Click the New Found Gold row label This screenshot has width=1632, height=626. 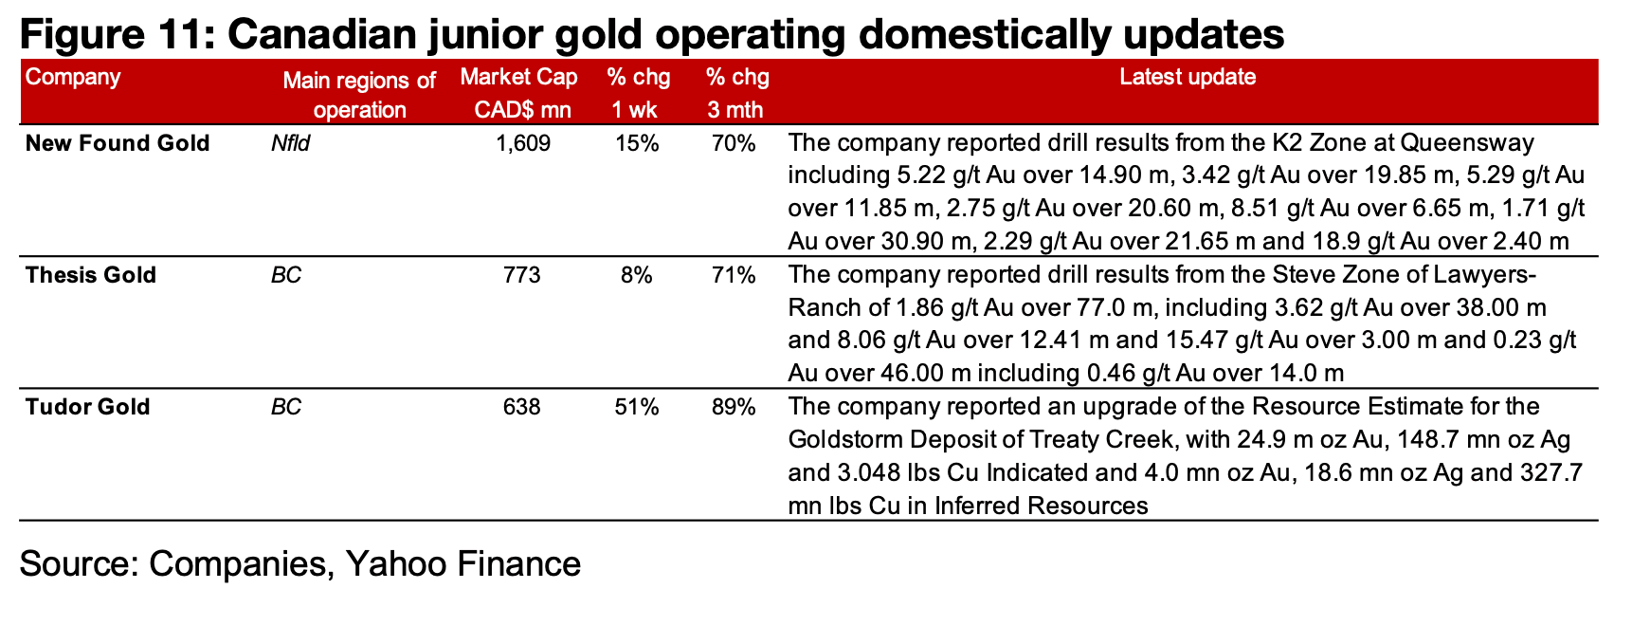click(118, 144)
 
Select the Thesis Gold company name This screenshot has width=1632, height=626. click(91, 276)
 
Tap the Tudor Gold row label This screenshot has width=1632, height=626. click(87, 408)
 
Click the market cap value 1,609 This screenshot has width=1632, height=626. click(523, 144)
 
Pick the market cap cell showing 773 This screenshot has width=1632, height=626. click(523, 276)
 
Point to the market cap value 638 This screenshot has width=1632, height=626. click(523, 408)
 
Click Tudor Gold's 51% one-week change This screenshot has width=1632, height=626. click(636, 408)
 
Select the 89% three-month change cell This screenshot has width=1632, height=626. click(734, 408)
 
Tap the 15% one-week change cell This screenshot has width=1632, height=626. click(636, 144)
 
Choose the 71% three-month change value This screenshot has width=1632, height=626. click(734, 276)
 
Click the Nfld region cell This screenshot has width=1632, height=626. click(290, 144)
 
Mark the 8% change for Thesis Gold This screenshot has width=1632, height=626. click(636, 276)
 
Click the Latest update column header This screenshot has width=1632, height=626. click(1188, 78)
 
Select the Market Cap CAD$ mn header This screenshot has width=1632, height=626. click(519, 93)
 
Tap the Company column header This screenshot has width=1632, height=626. click(73, 78)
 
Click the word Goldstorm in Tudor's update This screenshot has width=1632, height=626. click(845, 441)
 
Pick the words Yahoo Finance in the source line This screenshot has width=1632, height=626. click(462, 564)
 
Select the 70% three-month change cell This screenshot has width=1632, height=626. click(734, 144)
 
